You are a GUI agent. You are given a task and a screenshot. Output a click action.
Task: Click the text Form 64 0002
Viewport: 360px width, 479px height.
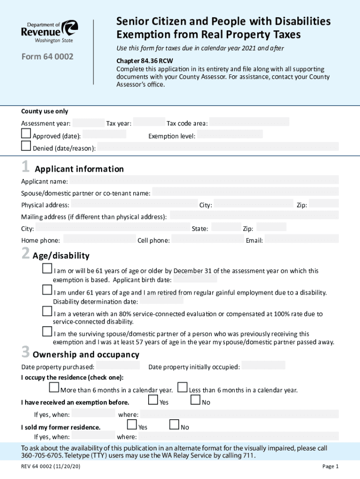click(47, 57)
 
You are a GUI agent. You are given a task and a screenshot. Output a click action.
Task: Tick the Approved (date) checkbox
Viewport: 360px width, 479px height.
click(26, 134)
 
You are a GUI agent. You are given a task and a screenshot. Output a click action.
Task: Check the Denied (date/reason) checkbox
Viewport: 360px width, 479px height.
click(26, 146)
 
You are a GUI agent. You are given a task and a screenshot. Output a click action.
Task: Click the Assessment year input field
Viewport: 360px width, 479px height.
click(88, 123)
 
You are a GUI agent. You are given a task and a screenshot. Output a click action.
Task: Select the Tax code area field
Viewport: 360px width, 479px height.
click(249, 123)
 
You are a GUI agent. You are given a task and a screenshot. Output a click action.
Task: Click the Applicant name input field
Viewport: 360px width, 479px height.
click(204, 181)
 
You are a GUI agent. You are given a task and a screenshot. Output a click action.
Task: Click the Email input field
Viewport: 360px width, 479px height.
click(301, 240)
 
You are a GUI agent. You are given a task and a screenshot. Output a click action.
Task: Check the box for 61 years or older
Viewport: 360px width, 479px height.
click(47, 269)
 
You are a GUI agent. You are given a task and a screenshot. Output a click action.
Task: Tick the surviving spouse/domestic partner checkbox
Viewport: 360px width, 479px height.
click(47, 332)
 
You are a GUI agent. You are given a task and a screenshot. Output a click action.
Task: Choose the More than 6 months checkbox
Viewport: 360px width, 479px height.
click(54, 388)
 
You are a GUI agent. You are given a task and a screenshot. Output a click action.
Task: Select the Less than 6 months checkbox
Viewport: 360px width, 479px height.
click(183, 388)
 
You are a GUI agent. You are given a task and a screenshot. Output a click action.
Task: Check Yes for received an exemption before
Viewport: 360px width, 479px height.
click(153, 400)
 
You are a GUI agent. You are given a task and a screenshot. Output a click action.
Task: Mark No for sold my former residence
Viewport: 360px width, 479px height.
click(174, 425)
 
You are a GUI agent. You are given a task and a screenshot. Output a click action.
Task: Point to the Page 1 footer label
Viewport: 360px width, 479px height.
click(330, 466)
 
